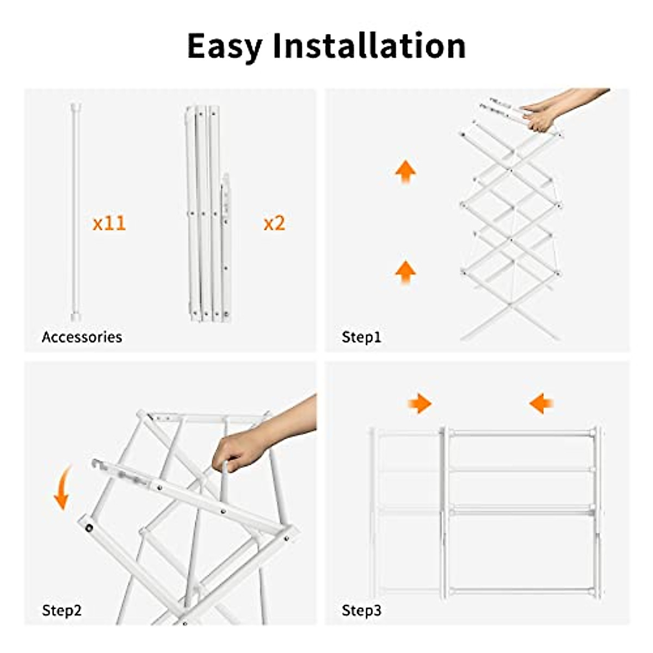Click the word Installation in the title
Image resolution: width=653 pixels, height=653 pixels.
point(369,46)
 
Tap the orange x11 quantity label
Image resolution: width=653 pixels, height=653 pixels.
point(109,223)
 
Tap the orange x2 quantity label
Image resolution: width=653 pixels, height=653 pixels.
point(274,223)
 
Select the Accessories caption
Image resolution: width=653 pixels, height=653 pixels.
point(82,337)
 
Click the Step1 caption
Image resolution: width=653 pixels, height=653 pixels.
point(361,337)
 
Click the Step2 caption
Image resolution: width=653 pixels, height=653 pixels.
point(61,610)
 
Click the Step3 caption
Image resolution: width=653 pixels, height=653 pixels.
point(361,610)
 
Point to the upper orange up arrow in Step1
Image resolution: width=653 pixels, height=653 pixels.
point(405,171)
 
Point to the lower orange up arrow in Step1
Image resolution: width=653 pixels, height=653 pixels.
point(405,272)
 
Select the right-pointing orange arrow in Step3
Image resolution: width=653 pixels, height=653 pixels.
point(420,403)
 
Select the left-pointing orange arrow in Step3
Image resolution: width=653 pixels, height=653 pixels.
point(541,403)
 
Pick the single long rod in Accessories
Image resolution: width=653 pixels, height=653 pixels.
point(76,212)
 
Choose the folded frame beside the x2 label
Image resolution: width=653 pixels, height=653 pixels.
point(208,214)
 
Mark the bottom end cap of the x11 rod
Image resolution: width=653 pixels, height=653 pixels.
point(76,317)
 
